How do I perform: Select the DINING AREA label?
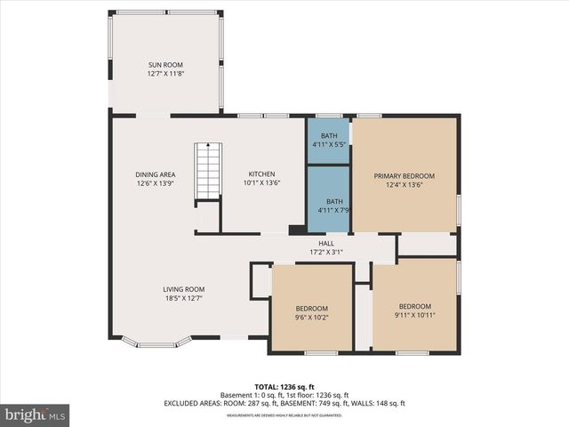(x=155, y=174)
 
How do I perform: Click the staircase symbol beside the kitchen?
(x=207, y=173)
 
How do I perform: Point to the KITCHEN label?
(x=261, y=174)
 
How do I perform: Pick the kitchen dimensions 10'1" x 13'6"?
(x=261, y=183)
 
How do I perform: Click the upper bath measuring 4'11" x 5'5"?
(x=329, y=140)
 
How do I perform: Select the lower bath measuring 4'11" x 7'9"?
(x=329, y=205)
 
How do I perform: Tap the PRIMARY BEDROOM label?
(x=405, y=176)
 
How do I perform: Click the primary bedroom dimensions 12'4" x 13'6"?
(x=405, y=185)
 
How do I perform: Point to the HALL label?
(x=326, y=244)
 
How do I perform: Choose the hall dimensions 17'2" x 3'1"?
(x=326, y=253)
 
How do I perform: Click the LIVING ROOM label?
(x=183, y=289)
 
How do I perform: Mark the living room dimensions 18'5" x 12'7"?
(x=183, y=298)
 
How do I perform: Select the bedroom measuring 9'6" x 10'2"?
(x=312, y=307)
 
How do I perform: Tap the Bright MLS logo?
(x=36, y=415)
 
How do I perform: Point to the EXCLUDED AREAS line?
(x=284, y=403)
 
